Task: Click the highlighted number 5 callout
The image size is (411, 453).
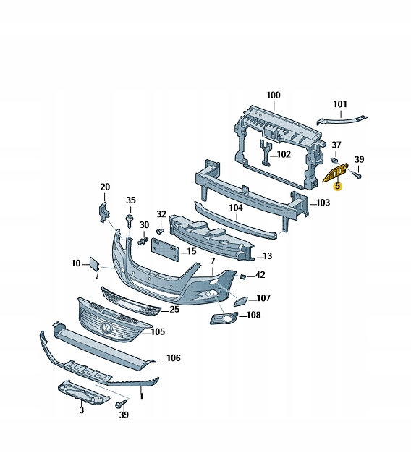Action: point(337,186)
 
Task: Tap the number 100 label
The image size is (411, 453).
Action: point(273,95)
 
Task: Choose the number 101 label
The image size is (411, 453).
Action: point(340,103)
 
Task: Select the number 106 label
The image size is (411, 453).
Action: point(173,357)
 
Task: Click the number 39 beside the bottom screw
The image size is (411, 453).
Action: point(124,415)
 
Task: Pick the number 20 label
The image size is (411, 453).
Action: point(105,187)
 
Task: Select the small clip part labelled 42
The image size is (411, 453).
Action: point(243,276)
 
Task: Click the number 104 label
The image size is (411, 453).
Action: point(235,207)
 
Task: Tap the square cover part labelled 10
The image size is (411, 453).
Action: point(96,265)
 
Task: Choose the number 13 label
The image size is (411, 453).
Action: point(267,256)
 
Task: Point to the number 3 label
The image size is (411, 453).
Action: point(81,410)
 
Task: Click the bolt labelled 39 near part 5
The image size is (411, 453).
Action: point(355,174)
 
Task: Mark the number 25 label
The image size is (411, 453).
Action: point(174,310)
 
